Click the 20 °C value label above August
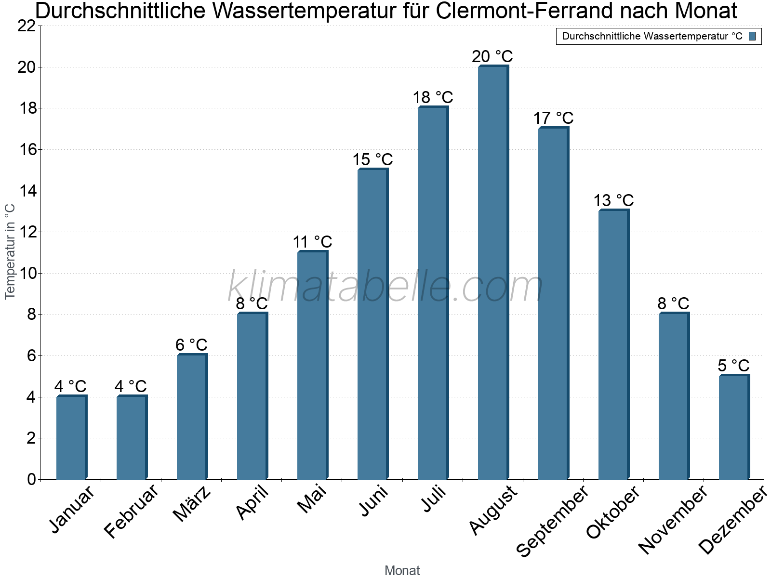point(492,56)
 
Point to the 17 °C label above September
point(553,118)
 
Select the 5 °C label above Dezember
point(734,366)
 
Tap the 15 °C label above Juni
point(372,159)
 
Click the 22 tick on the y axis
point(27,26)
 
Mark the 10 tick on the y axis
point(27,274)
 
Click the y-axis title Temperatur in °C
point(10,251)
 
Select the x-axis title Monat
point(402,570)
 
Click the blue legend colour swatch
point(752,36)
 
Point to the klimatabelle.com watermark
point(385,287)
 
